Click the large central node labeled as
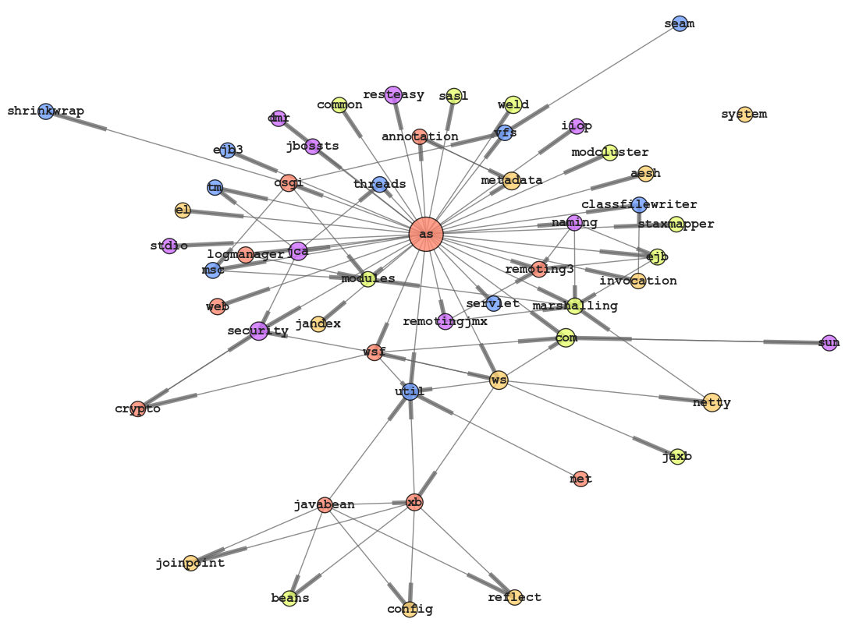[426, 234]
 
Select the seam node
[680, 23]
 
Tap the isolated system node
[745, 115]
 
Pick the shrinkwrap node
[46, 111]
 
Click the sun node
[829, 342]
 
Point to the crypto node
[138, 408]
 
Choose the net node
[579, 479]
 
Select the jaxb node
[678, 457]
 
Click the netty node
[712, 402]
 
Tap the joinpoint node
[190, 563]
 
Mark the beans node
[289, 598]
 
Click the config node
[410, 609]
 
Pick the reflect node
[514, 597]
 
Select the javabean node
[325, 504]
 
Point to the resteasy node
[393, 95]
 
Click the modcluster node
[610, 153]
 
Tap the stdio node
[169, 246]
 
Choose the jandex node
[318, 324]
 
